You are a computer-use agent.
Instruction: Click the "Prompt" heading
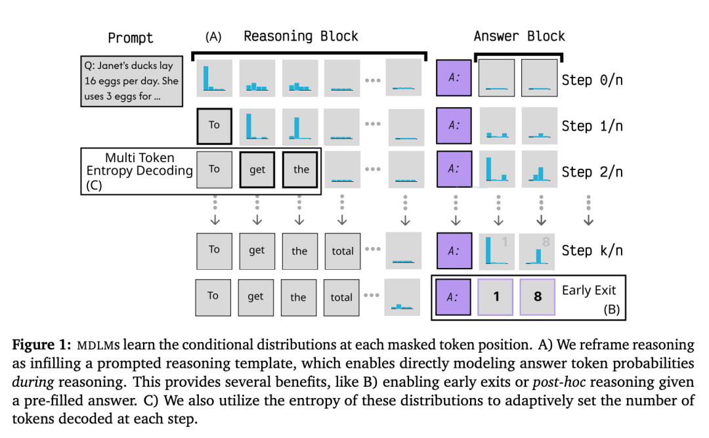[x=130, y=37]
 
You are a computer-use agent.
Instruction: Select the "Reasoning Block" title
[x=301, y=36]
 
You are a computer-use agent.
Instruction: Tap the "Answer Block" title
[x=519, y=36]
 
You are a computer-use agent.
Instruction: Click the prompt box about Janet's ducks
[x=131, y=81]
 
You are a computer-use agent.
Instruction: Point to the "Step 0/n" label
[x=591, y=80]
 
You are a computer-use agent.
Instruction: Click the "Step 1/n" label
[x=591, y=126]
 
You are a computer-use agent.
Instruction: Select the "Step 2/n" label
[x=591, y=171]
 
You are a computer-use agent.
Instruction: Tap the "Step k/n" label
[x=591, y=250]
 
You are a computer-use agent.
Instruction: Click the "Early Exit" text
[x=589, y=290]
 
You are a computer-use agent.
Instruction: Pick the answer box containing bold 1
[x=496, y=297]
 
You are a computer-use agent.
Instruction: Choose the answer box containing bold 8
[x=538, y=297]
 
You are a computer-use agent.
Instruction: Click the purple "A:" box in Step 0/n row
[x=454, y=78]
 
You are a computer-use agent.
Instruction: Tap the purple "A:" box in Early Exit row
[x=454, y=297]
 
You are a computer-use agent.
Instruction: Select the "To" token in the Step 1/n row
[x=214, y=125]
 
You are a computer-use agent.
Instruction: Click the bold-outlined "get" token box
[x=257, y=169]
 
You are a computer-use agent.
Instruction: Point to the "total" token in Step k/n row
[x=343, y=251]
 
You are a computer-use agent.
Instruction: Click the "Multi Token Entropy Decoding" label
[x=139, y=164]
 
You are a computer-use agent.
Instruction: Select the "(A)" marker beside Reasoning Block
[x=213, y=37]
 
